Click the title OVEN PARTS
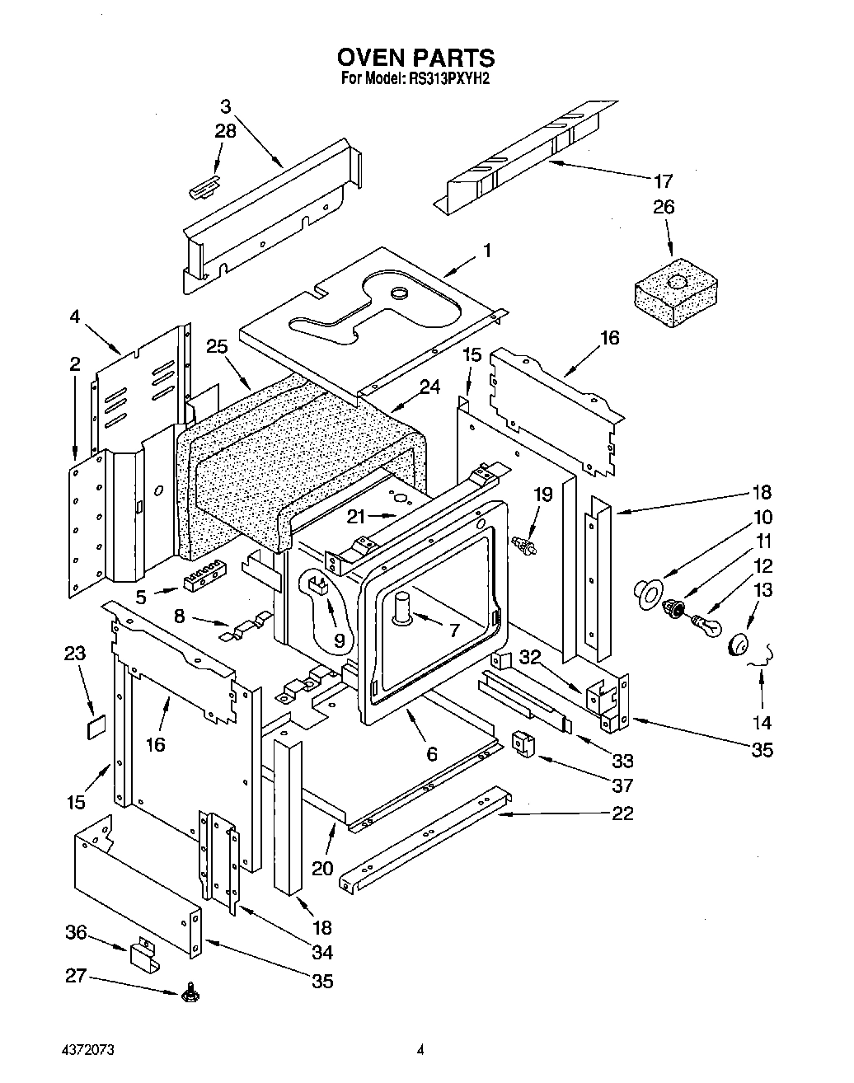[x=415, y=58]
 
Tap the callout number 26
[x=663, y=207]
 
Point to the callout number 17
[x=663, y=180]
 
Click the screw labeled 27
[x=190, y=989]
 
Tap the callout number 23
[x=74, y=654]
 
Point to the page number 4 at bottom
[x=420, y=1050]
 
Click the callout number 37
[x=622, y=785]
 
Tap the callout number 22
[x=622, y=813]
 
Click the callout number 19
[x=542, y=495]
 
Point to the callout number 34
[x=321, y=952]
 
